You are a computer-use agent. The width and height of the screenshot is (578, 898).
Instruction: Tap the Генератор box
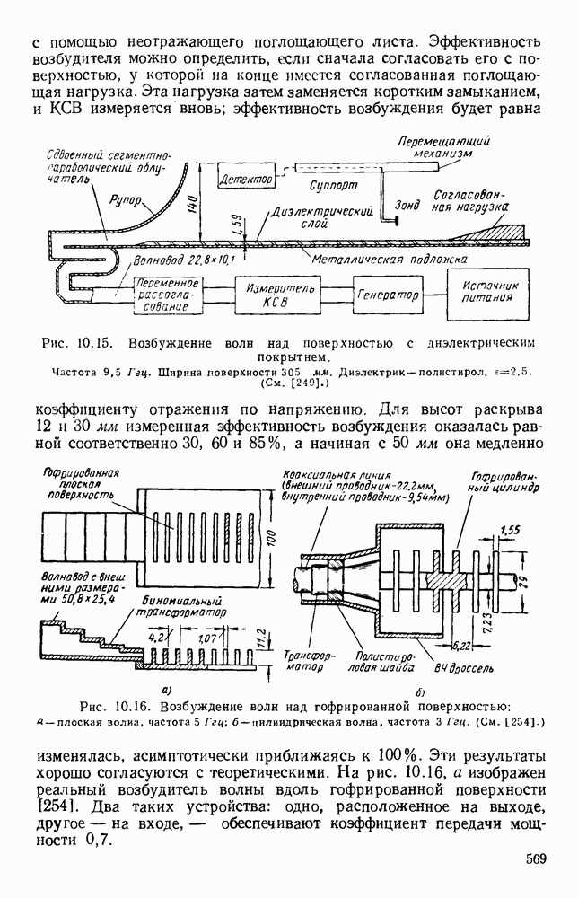389,295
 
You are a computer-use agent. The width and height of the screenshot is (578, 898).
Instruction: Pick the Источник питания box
485,295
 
